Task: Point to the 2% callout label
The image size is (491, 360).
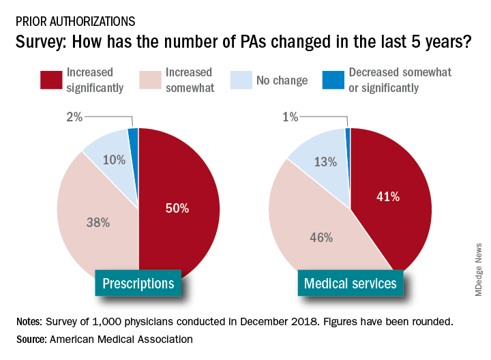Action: pyautogui.click(x=74, y=117)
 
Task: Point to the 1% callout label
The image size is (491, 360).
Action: pyautogui.click(x=290, y=117)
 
